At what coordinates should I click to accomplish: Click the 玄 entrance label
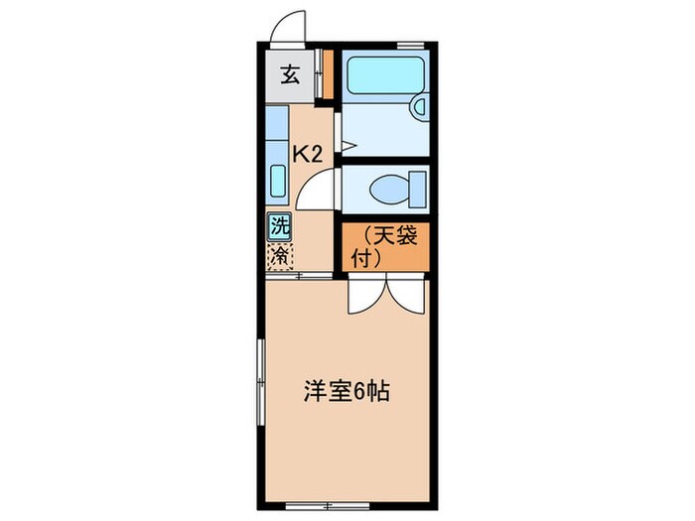[x=290, y=75]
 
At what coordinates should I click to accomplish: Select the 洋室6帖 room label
[x=346, y=392]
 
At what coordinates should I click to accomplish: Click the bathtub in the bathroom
[x=385, y=73]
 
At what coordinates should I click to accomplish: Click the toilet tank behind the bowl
[x=417, y=187]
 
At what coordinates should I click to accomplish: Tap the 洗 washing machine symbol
[x=280, y=226]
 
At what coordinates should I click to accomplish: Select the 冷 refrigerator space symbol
[x=280, y=255]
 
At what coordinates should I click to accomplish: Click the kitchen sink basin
[x=278, y=183]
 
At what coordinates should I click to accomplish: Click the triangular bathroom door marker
[x=347, y=147]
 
